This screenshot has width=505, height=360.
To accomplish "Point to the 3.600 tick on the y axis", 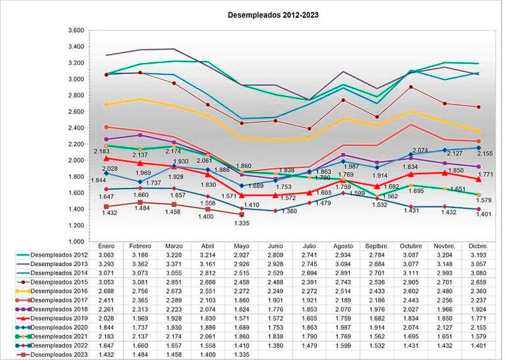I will pyautogui.click(x=76, y=31).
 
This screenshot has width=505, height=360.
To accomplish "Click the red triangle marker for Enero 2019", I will pyautogui.click(x=107, y=158).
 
